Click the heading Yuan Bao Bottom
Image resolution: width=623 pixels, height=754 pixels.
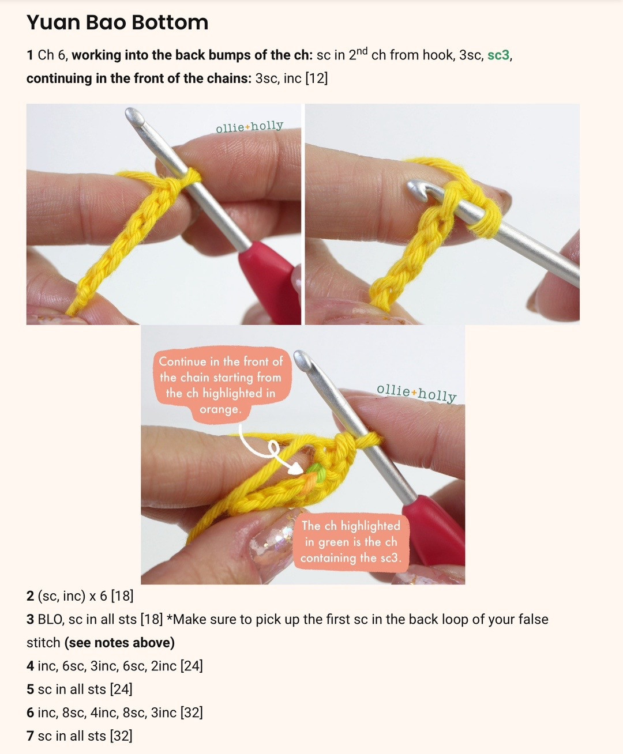[117, 22]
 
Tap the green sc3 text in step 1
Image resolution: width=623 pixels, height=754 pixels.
[498, 55]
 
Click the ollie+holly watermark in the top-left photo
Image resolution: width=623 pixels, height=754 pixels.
[249, 126]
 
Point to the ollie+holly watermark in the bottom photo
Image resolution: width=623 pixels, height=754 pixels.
[416, 393]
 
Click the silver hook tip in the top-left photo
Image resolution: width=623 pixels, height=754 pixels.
[134, 115]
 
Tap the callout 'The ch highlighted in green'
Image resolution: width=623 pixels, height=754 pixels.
[350, 541]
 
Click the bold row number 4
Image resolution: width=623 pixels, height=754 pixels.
[30, 666]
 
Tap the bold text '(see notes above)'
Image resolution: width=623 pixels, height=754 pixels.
[119, 643]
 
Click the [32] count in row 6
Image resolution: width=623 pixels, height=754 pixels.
[192, 713]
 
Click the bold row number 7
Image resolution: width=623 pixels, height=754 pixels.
[30, 736]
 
